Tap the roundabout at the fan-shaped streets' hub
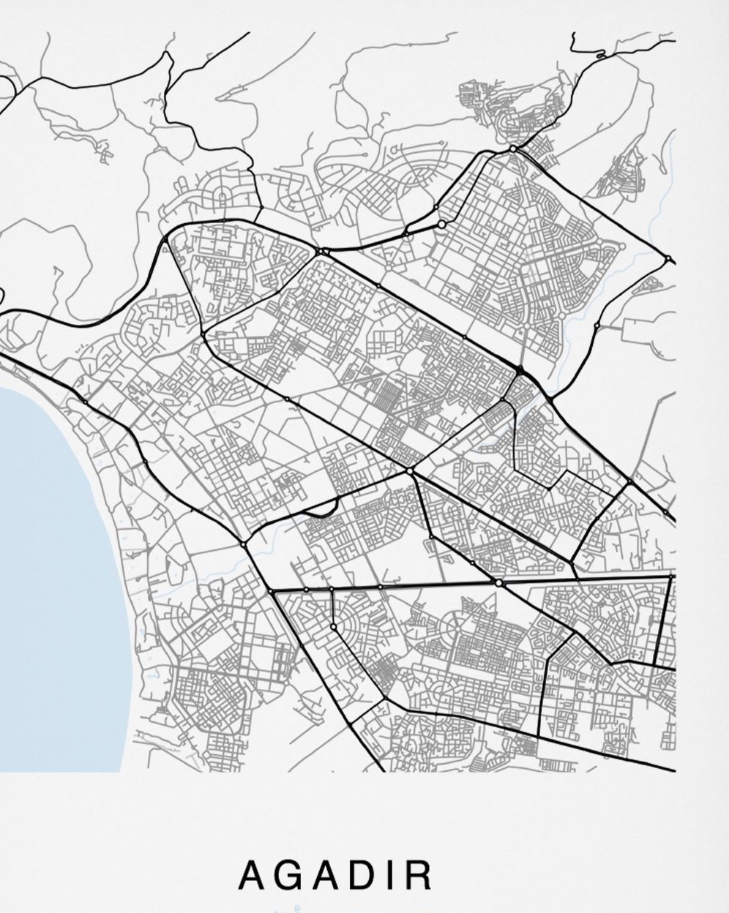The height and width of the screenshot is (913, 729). (334, 627)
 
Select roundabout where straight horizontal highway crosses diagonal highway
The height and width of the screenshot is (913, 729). (499, 583)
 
